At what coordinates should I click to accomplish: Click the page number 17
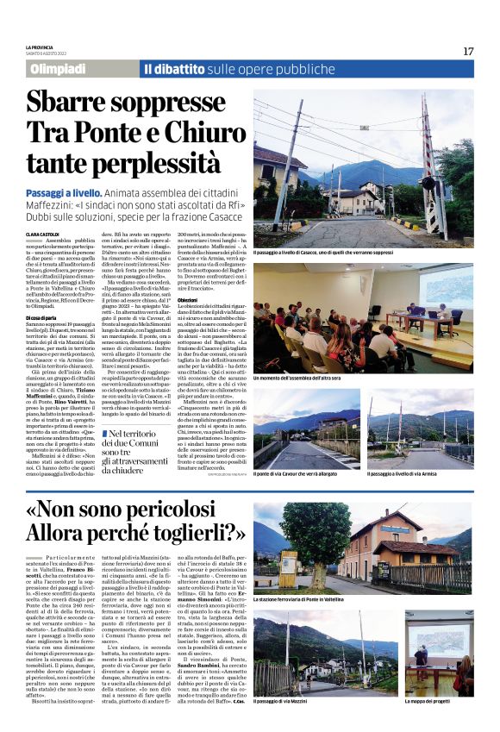click(x=468, y=51)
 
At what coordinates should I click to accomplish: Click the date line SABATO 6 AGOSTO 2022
click(x=49, y=53)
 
